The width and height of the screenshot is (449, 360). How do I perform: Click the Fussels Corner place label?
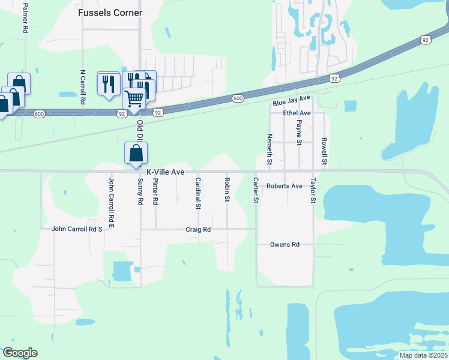pos(110,13)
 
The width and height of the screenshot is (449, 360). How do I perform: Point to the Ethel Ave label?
pos(297,113)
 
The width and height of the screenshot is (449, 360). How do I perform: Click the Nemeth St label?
pos(270,149)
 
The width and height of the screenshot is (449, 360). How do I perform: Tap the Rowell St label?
pos(324,151)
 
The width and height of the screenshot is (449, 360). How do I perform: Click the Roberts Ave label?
pos(285,186)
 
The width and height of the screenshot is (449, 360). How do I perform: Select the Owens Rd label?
pos(284,245)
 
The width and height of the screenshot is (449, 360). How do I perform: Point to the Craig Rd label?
pos(198,229)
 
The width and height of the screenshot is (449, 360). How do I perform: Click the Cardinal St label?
pos(197,193)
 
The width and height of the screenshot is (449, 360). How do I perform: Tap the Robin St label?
pos(227,189)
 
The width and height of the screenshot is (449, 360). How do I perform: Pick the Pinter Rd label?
pos(155,192)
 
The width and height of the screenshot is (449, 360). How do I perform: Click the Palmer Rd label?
pos(25,17)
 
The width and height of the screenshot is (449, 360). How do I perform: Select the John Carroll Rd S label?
pos(77,229)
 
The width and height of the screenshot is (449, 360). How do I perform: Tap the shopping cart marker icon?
pos(135,97)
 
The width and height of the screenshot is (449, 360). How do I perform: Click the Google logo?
pos(20,353)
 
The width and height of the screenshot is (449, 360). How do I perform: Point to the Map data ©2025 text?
pos(422,355)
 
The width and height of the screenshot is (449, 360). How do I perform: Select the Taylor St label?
pos(313,190)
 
